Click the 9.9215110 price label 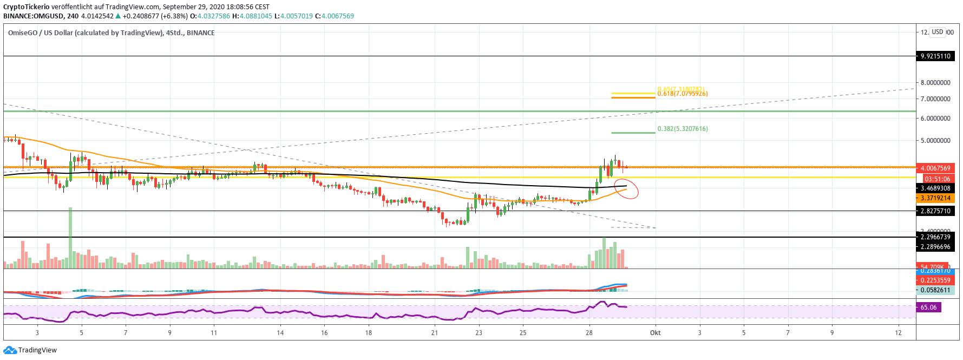click(x=935, y=56)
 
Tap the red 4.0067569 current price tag click(x=935, y=168)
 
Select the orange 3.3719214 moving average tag click(x=935, y=198)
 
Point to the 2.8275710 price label click(x=935, y=211)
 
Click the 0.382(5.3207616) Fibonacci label click(x=682, y=129)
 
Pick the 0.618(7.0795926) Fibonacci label click(x=682, y=94)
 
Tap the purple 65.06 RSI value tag click(x=928, y=307)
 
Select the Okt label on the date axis click(x=655, y=333)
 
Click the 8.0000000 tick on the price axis click(x=935, y=83)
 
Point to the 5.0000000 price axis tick click(x=935, y=141)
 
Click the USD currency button click(x=938, y=32)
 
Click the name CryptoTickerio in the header click(x=26, y=7)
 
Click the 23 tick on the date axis click(x=479, y=333)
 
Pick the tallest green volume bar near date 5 click(x=70, y=238)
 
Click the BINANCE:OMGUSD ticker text click(x=33, y=16)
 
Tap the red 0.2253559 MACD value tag click(x=935, y=280)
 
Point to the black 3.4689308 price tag click(x=935, y=188)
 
